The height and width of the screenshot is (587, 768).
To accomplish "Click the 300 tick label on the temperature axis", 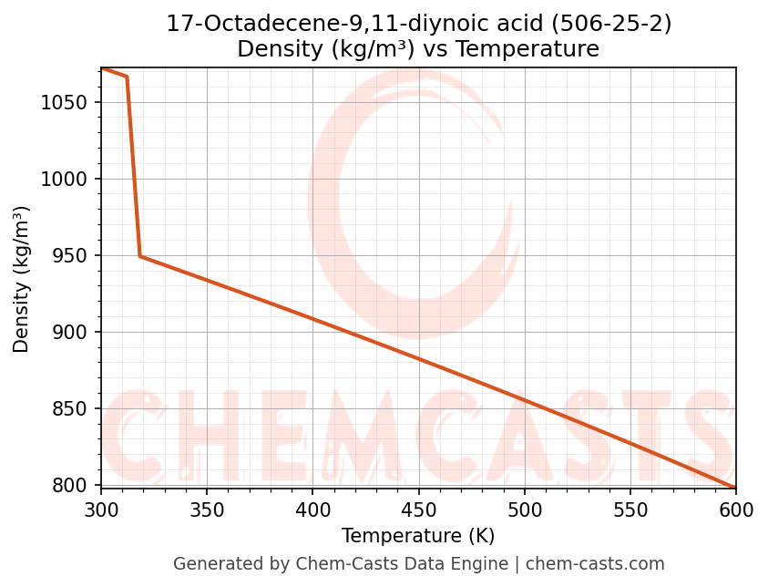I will click(x=101, y=510).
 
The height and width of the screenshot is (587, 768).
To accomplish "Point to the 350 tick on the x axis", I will click(x=207, y=510).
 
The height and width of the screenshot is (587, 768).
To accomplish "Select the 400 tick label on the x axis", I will click(x=312, y=510).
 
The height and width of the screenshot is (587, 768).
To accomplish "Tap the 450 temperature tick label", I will click(x=418, y=510).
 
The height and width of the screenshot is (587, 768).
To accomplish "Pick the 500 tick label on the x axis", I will click(x=524, y=510).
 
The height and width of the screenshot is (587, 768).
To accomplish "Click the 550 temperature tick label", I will click(x=630, y=510).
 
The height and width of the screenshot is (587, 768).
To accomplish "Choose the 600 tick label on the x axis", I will click(x=735, y=510).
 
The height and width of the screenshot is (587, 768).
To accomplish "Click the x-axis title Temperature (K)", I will click(x=418, y=536).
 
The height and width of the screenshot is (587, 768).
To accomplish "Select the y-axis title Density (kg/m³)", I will click(x=22, y=279).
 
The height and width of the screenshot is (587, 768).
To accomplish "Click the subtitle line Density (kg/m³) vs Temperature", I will click(x=418, y=49).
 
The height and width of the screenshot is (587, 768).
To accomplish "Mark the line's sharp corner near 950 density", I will click(x=140, y=256).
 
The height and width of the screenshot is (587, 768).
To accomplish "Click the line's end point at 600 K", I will click(x=735, y=488).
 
